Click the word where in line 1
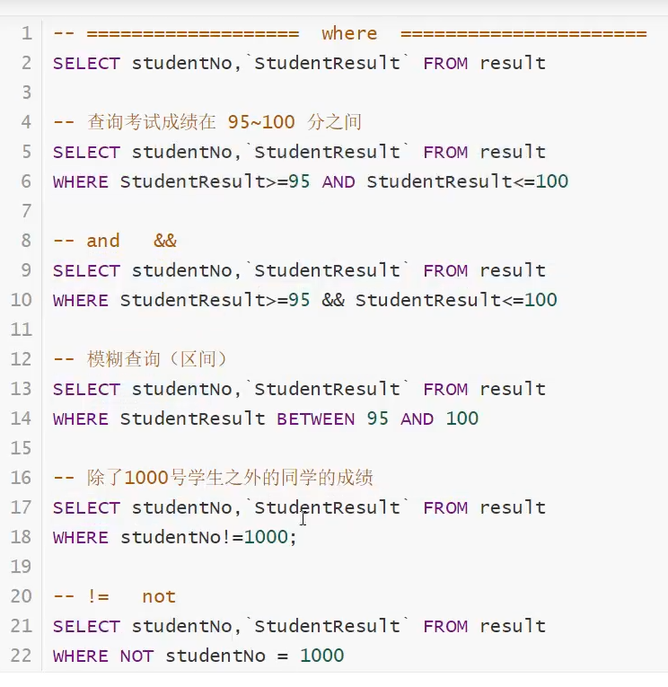[349, 34]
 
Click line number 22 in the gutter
[22, 656]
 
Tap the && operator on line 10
[332, 300]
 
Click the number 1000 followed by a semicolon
[266, 537]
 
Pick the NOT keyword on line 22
[136, 656]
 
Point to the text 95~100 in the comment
[261, 122]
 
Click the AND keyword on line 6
[338, 181]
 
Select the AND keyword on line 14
[417, 418]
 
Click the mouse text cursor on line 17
[303, 517]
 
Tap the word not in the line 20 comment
[159, 596]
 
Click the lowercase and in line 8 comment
[103, 241]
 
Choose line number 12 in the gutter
[22, 359]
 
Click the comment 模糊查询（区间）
[157, 359]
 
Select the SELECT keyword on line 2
[86, 63]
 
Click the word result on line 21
[513, 626]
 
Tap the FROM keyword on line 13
[445, 389]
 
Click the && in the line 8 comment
[165, 241]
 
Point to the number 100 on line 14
[462, 418]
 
